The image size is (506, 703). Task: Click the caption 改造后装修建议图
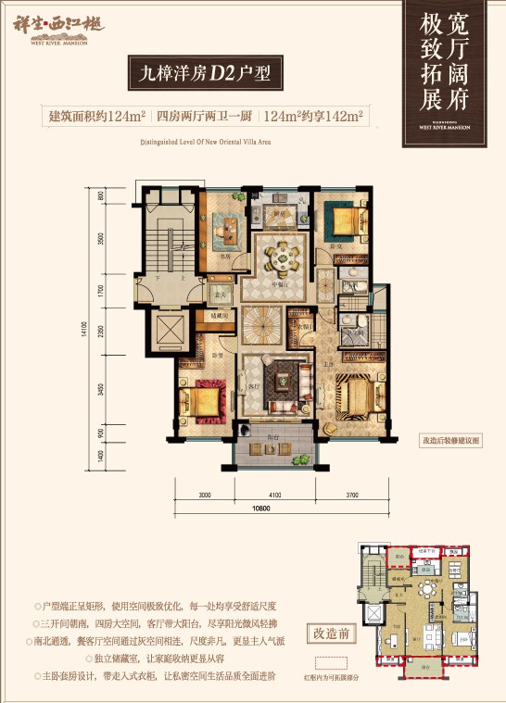tap(450, 442)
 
